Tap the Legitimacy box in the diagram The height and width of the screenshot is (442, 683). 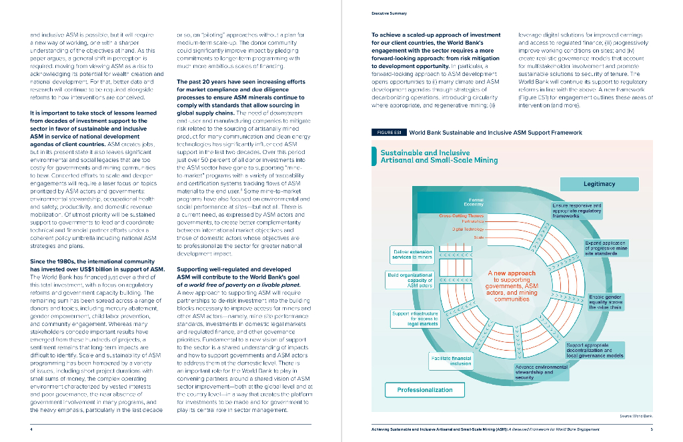[599, 183]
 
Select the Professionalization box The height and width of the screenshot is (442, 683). [425, 390]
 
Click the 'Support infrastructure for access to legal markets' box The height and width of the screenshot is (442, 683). [414, 319]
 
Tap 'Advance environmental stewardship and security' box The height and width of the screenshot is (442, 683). [542, 372]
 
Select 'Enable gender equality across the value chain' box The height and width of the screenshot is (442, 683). [606, 302]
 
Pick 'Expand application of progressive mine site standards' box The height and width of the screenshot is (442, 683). [605, 249]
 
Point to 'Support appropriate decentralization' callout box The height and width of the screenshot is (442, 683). [594, 350]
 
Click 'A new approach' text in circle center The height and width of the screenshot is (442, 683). [512, 273]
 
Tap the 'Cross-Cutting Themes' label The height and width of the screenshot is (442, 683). [462, 216]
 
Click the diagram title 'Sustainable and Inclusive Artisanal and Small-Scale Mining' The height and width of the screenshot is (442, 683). [439, 157]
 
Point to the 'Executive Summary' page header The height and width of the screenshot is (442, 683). [390, 13]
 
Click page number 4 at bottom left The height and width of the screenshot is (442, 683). [31, 429]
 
